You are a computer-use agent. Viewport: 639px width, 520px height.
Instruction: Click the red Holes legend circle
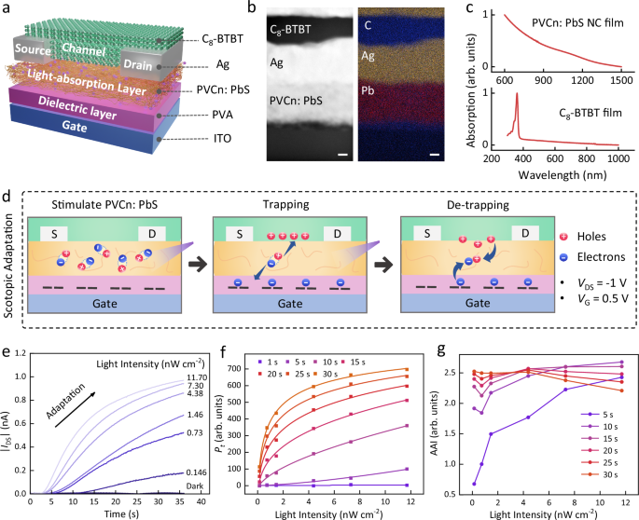[565, 239]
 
